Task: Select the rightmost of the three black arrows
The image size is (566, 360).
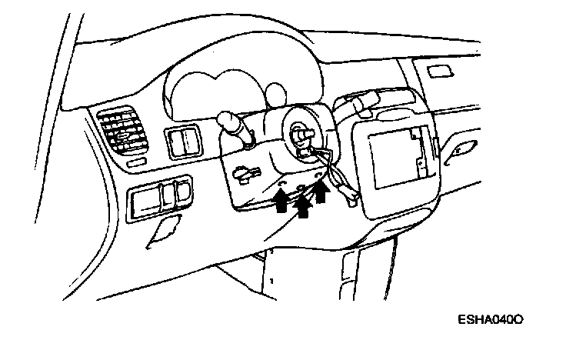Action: pyautogui.click(x=321, y=191)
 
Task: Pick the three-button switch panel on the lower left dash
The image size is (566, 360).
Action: pyautogui.click(x=159, y=198)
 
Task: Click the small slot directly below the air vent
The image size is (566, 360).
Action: pyautogui.click(x=136, y=163)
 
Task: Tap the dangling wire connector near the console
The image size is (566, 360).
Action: pyautogui.click(x=351, y=199)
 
